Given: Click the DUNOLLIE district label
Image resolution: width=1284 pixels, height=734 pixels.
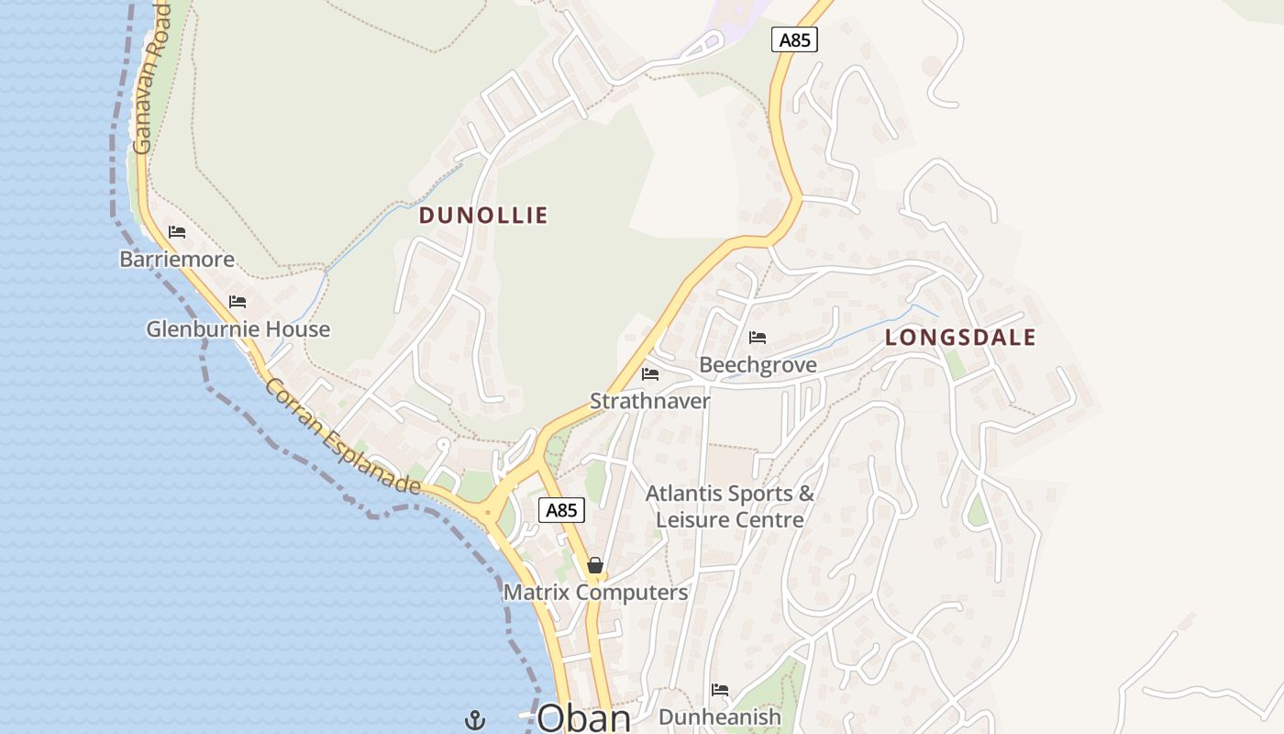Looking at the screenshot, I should click(483, 216).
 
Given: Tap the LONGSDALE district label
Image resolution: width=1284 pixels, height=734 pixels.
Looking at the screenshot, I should click(960, 338).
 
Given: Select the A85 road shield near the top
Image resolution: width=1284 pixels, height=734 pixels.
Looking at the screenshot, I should click(794, 39).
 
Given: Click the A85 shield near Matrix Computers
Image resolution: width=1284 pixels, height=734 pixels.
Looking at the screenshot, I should click(561, 510).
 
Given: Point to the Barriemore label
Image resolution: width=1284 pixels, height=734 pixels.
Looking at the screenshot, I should click(177, 260).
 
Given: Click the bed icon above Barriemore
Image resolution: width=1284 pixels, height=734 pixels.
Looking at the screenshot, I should click(177, 232).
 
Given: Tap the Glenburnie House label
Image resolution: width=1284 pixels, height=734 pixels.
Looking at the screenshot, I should click(238, 328).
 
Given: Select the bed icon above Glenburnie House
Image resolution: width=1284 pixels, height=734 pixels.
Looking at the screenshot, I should click(238, 301).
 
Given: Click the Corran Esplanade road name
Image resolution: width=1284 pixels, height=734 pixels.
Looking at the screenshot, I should click(342, 437).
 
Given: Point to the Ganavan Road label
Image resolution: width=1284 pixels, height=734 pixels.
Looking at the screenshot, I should click(151, 77).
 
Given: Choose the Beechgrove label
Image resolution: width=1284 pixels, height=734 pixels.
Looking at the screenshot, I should click(758, 365).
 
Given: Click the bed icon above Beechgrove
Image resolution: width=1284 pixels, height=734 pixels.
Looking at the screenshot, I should click(758, 338).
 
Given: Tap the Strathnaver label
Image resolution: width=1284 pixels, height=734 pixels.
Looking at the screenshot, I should click(650, 401).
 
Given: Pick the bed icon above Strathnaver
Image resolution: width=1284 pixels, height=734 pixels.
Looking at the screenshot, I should click(650, 373).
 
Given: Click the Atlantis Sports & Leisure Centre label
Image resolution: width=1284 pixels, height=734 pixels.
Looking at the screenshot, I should click(730, 506).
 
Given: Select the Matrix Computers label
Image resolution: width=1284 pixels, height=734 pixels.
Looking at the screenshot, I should click(595, 593).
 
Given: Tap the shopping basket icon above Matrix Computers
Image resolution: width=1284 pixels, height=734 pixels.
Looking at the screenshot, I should click(595, 565).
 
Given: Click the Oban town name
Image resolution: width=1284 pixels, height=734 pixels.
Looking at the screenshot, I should click(584, 717).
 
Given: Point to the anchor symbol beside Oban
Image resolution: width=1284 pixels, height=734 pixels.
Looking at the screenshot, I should click(475, 720).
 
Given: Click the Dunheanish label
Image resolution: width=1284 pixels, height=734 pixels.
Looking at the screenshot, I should click(720, 717).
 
